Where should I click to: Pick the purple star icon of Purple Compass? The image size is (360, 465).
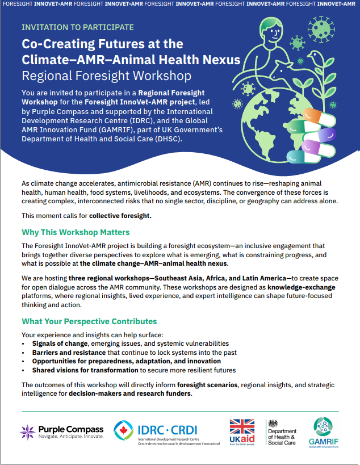coord(28,431)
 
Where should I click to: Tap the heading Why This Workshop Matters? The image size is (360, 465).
coord(76,232)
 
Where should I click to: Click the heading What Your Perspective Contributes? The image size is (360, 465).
coord(89,321)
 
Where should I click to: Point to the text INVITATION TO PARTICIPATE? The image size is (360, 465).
coord(78,27)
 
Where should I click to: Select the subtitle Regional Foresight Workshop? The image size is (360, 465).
coord(106,76)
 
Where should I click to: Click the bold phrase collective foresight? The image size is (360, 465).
coord(120,216)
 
